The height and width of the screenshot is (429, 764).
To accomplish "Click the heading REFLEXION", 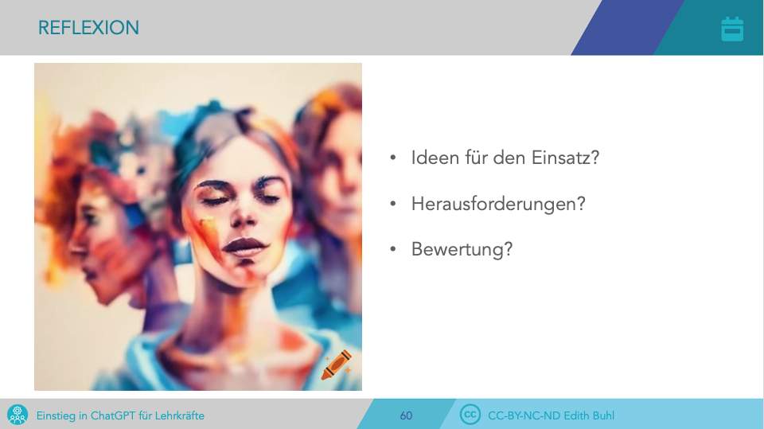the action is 88,28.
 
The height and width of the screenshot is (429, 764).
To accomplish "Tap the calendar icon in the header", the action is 732,29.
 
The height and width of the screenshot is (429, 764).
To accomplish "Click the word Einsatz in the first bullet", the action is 565,158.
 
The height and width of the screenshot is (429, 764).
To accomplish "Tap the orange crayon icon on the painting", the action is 336,365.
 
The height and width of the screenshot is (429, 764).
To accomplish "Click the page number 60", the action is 406,415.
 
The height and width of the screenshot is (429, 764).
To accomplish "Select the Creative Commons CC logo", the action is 470,415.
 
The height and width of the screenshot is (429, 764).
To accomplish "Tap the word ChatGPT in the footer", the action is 113,415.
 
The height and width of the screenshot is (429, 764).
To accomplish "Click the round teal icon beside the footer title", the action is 18,415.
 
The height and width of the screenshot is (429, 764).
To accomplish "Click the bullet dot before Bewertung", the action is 392,250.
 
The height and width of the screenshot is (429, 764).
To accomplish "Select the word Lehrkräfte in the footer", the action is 180,415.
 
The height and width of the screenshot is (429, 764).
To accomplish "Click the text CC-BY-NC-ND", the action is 524,415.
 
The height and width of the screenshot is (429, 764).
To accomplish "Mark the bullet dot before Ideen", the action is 392,158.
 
